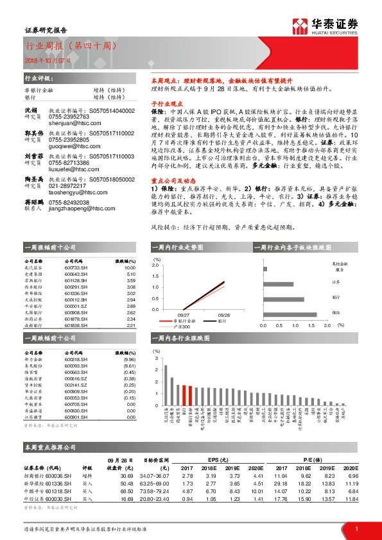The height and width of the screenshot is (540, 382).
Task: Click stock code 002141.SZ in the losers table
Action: pos(76,384)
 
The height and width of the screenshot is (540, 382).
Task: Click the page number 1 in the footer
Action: pos(356,528)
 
